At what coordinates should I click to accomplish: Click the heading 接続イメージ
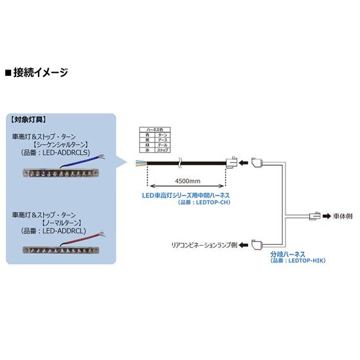pos(40,73)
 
